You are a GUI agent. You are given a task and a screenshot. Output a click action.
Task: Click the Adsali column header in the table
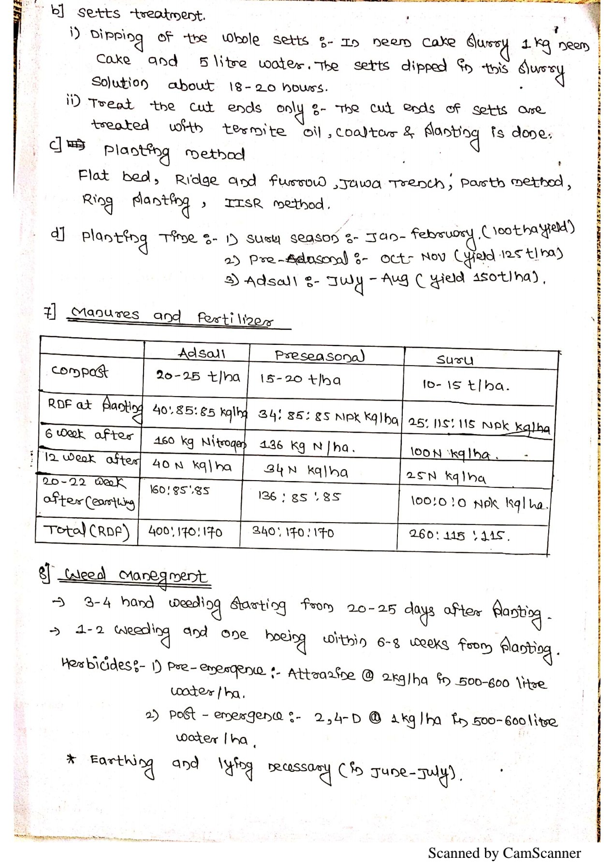tap(202, 354)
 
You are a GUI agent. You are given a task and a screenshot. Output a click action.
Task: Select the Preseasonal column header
tap(320, 356)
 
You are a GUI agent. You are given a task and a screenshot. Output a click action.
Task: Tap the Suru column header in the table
tap(455, 360)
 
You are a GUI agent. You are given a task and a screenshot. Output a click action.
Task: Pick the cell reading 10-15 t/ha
tap(466, 385)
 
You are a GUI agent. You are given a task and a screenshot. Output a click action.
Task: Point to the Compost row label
tap(80, 371)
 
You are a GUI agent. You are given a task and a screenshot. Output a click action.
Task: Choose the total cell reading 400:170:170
tap(185, 532)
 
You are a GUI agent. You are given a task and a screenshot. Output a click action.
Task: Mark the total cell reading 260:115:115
tap(459, 535)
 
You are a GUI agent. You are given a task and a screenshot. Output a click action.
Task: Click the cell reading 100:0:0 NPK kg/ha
tap(479, 503)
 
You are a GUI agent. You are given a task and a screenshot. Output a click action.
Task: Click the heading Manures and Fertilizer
tap(172, 317)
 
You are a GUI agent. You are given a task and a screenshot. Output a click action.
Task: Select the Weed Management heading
tap(135, 576)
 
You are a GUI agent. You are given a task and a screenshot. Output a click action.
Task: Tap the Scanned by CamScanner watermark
tap(504, 853)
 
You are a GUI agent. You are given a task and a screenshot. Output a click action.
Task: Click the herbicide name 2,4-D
tap(337, 718)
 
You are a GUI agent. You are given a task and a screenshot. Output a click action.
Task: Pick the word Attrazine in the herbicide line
tap(321, 673)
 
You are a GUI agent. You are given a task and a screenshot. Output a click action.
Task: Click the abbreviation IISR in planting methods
tap(244, 203)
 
